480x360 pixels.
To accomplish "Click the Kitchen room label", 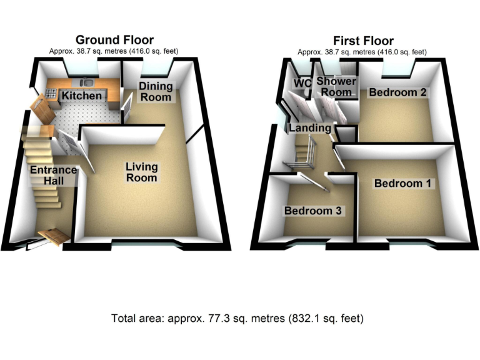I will pyautogui.click(x=80, y=96).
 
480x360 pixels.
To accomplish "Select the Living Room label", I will pyautogui.click(x=142, y=172).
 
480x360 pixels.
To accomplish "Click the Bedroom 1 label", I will pyautogui.click(x=402, y=184).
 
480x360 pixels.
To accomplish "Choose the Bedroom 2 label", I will pyautogui.click(x=397, y=92).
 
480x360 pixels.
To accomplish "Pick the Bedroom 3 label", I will pyautogui.click(x=312, y=211).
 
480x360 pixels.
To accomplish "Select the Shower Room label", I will pyautogui.click(x=336, y=87).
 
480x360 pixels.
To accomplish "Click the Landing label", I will pyautogui.click(x=309, y=128).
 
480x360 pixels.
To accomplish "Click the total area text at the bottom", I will pyautogui.click(x=237, y=318).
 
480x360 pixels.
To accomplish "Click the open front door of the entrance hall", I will pyautogui.click(x=52, y=236).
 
